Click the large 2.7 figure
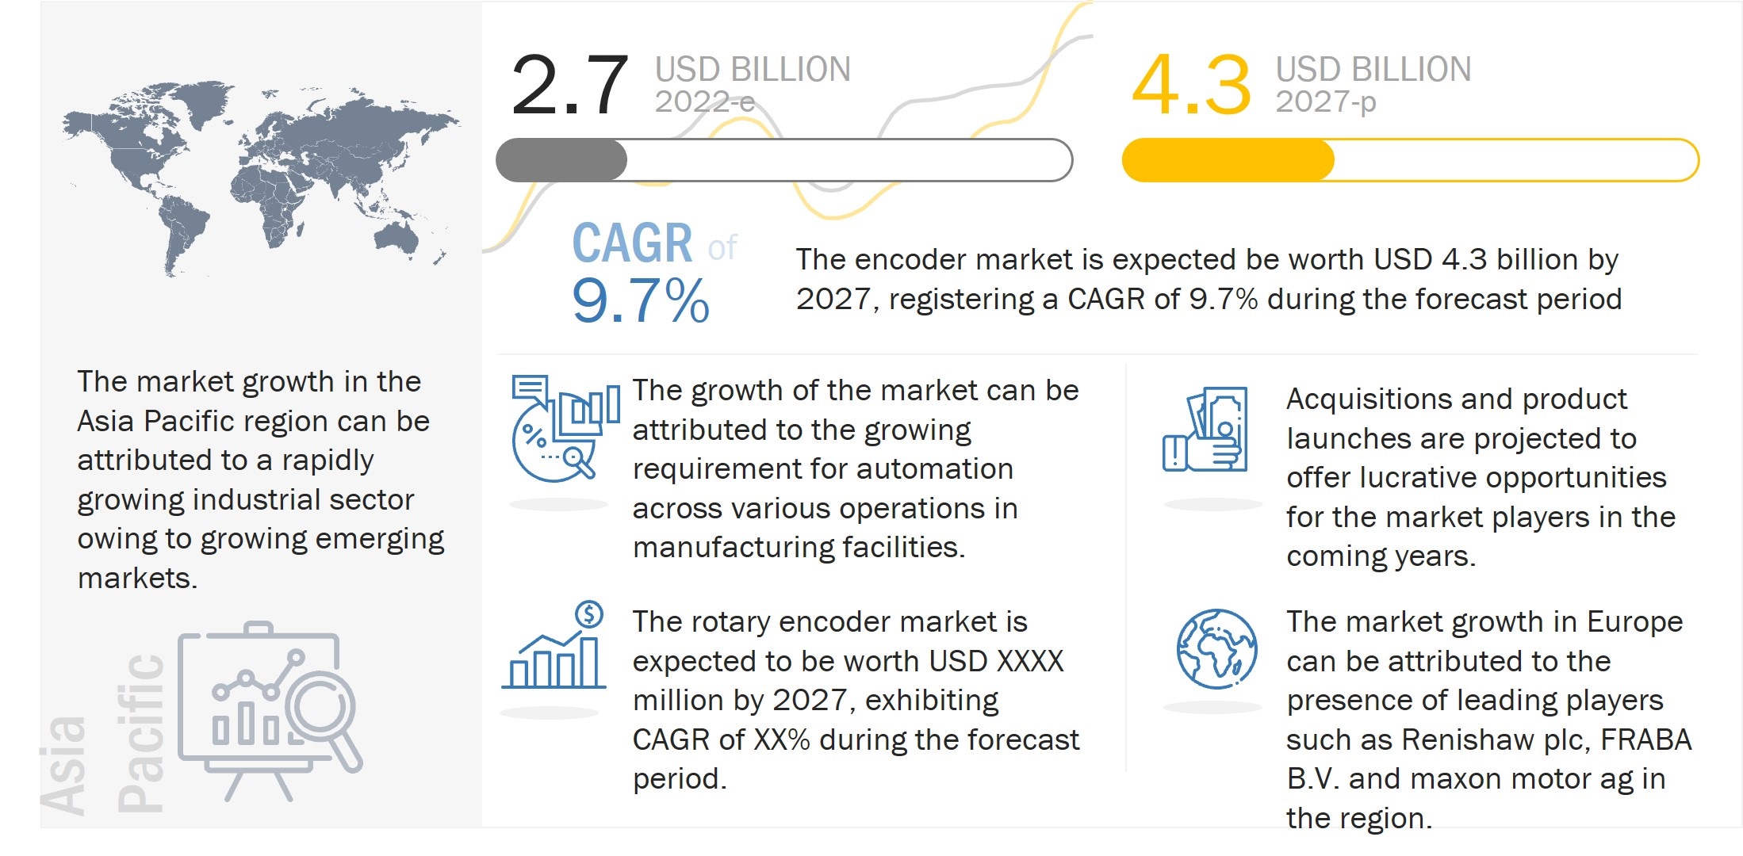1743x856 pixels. [569, 86]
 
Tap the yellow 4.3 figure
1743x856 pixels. [1190, 86]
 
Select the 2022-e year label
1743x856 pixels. [704, 102]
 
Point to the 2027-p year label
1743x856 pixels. [1325, 102]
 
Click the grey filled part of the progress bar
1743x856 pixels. [561, 160]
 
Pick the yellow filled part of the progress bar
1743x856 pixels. [1227, 160]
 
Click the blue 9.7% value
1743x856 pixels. [640, 302]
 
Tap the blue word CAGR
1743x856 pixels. [632, 243]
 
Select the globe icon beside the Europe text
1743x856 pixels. [1216, 649]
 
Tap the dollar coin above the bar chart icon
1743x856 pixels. [589, 613]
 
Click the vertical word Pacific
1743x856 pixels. [141, 733]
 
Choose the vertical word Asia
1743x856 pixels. [63, 766]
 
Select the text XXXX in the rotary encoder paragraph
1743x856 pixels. [1029, 662]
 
